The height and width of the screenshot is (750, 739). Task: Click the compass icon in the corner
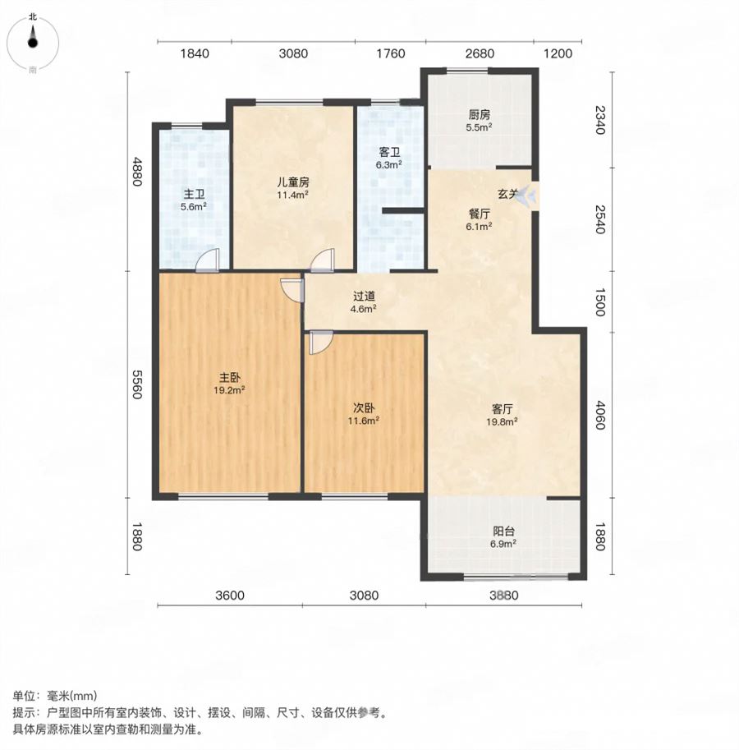[33, 43]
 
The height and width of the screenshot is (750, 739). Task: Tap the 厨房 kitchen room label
[479, 114]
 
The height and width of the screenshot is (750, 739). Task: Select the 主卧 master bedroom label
[229, 377]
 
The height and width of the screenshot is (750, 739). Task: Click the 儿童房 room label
[292, 182]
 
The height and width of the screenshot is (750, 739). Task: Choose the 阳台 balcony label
[503, 531]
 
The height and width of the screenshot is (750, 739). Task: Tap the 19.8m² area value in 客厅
[502, 421]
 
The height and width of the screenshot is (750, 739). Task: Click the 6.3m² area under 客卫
[388, 165]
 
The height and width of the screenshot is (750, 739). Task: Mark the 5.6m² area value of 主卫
[194, 207]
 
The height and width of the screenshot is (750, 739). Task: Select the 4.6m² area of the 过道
[363, 309]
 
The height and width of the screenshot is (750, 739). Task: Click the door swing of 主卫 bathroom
[208, 260]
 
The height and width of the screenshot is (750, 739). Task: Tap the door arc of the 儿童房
[322, 260]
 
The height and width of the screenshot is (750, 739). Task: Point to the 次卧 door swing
[320, 343]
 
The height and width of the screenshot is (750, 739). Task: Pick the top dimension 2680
[480, 53]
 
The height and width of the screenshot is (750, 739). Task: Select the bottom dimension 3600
[230, 595]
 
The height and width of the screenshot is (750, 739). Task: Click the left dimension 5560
[136, 384]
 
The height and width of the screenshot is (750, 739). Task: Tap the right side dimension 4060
[600, 415]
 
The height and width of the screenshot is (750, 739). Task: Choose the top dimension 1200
[558, 53]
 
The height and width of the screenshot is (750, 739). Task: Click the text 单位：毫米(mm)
[55, 695]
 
